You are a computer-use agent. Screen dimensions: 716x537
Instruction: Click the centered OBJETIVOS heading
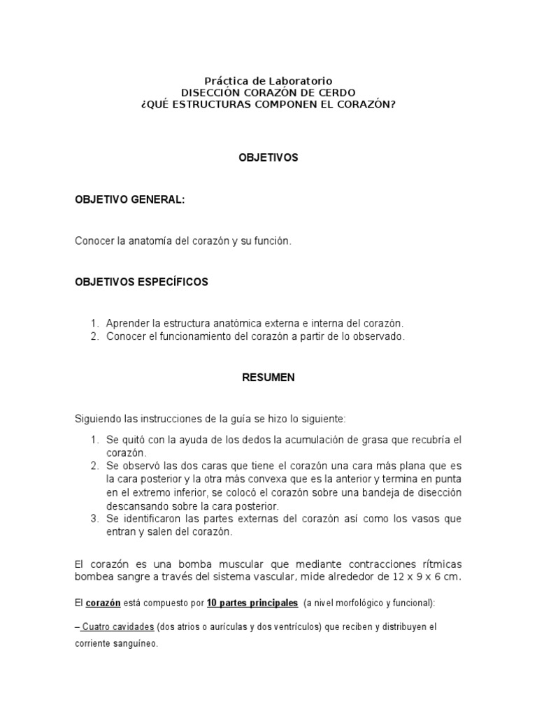pos(268,158)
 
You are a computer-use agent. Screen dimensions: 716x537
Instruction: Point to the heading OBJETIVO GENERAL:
pos(130,199)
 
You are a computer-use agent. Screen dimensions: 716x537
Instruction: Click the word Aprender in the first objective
pos(127,323)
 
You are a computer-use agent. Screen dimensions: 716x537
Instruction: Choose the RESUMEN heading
pos(268,377)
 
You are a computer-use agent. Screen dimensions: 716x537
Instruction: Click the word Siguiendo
pos(97,419)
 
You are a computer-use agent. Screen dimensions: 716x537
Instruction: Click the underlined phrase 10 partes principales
pos(252,602)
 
